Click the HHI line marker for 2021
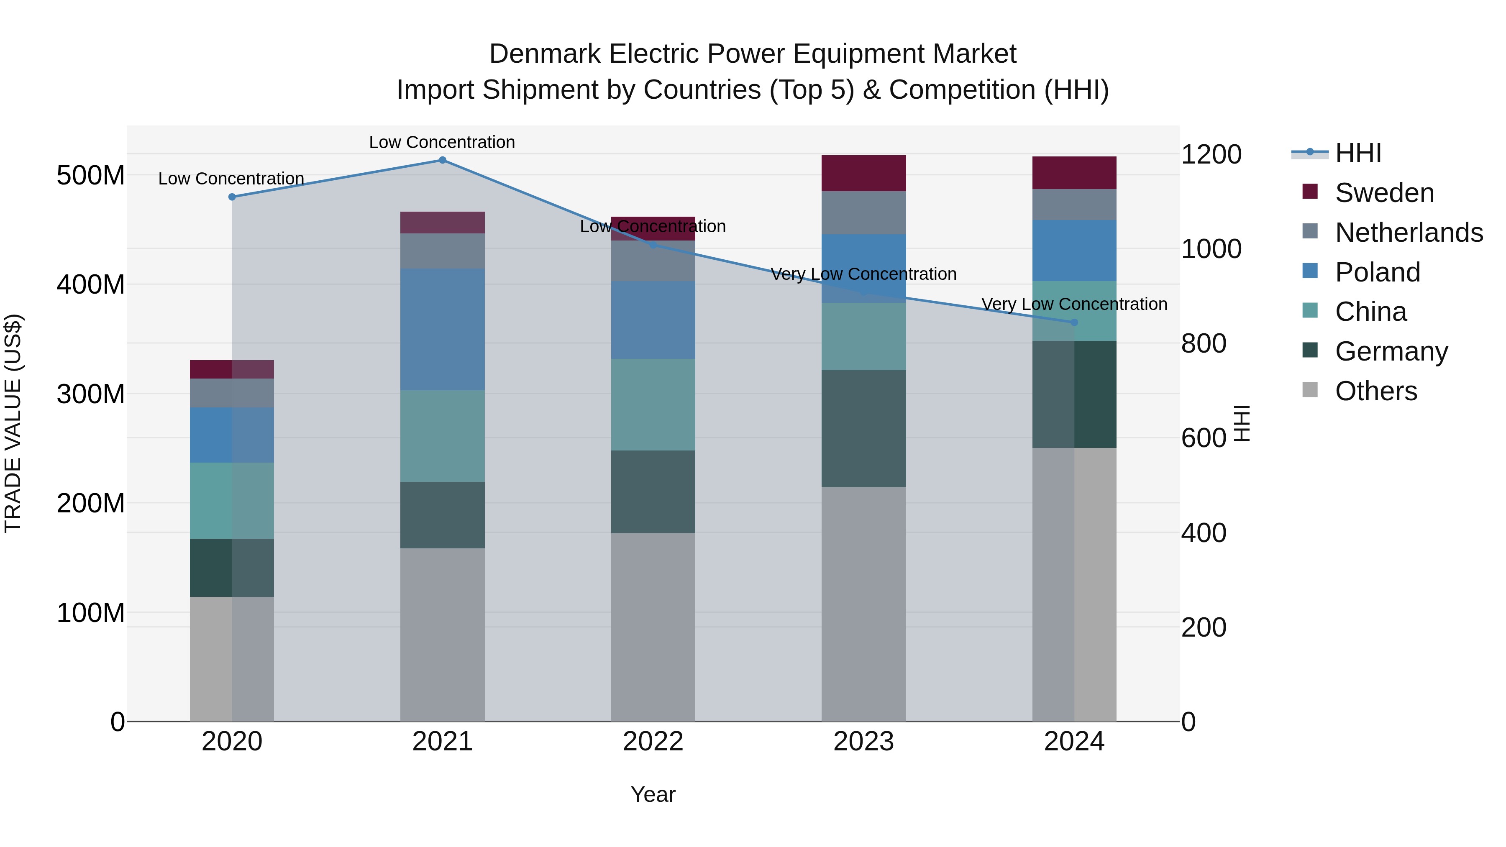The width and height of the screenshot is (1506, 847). [443, 160]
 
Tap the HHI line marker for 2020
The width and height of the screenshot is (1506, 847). [232, 197]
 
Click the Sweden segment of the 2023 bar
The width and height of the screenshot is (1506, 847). [863, 173]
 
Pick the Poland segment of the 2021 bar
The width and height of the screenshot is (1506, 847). [443, 329]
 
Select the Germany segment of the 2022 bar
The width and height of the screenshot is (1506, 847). [653, 491]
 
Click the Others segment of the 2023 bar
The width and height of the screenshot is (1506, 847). [863, 604]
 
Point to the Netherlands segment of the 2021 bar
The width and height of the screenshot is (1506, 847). [443, 251]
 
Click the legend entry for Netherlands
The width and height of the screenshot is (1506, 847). [1409, 233]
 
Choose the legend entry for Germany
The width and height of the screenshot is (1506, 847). [1391, 351]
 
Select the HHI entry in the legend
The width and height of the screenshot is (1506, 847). [1357, 153]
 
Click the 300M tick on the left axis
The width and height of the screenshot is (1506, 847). [91, 394]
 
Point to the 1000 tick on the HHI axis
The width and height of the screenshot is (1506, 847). [1211, 249]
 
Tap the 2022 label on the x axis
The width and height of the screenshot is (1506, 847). [653, 742]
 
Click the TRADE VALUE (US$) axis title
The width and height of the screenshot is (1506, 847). [13, 423]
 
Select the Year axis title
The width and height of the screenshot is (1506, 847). [653, 794]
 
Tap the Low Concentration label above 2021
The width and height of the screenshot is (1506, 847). [442, 142]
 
